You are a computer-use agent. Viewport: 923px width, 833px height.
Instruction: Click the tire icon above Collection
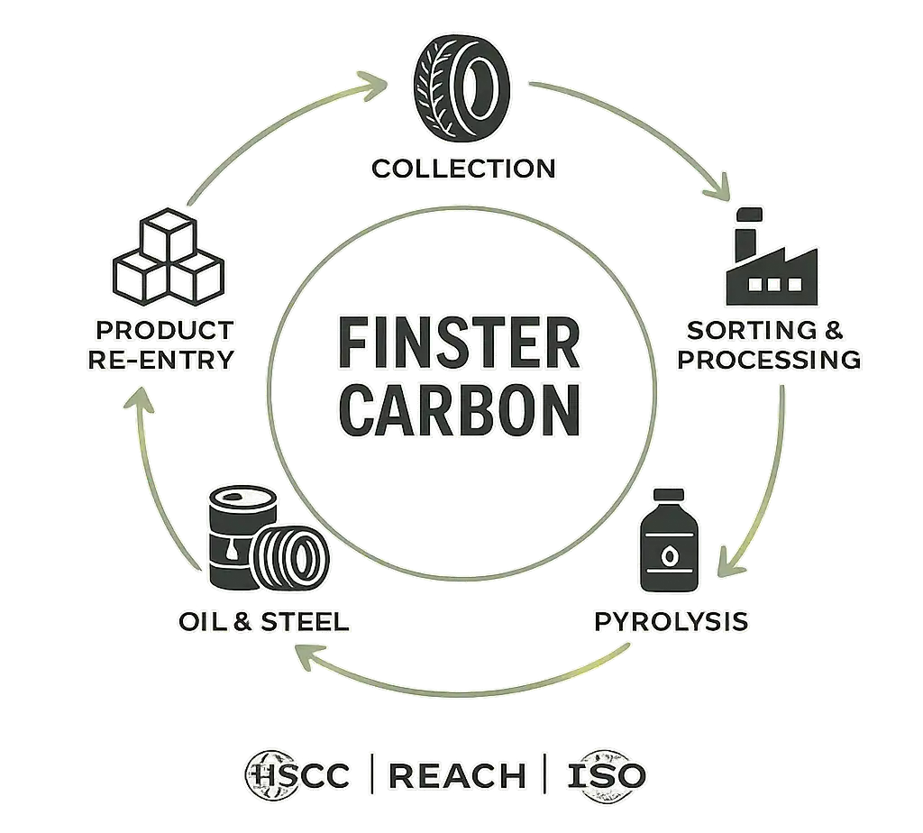tap(462, 90)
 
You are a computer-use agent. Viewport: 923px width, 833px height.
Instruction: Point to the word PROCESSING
tap(769, 360)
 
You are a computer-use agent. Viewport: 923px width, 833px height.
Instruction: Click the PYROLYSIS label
tap(670, 621)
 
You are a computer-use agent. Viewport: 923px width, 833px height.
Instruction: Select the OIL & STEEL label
tap(262, 622)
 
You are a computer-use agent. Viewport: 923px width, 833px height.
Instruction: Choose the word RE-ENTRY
tap(161, 359)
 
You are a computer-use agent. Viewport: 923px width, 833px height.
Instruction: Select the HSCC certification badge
tap(297, 774)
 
